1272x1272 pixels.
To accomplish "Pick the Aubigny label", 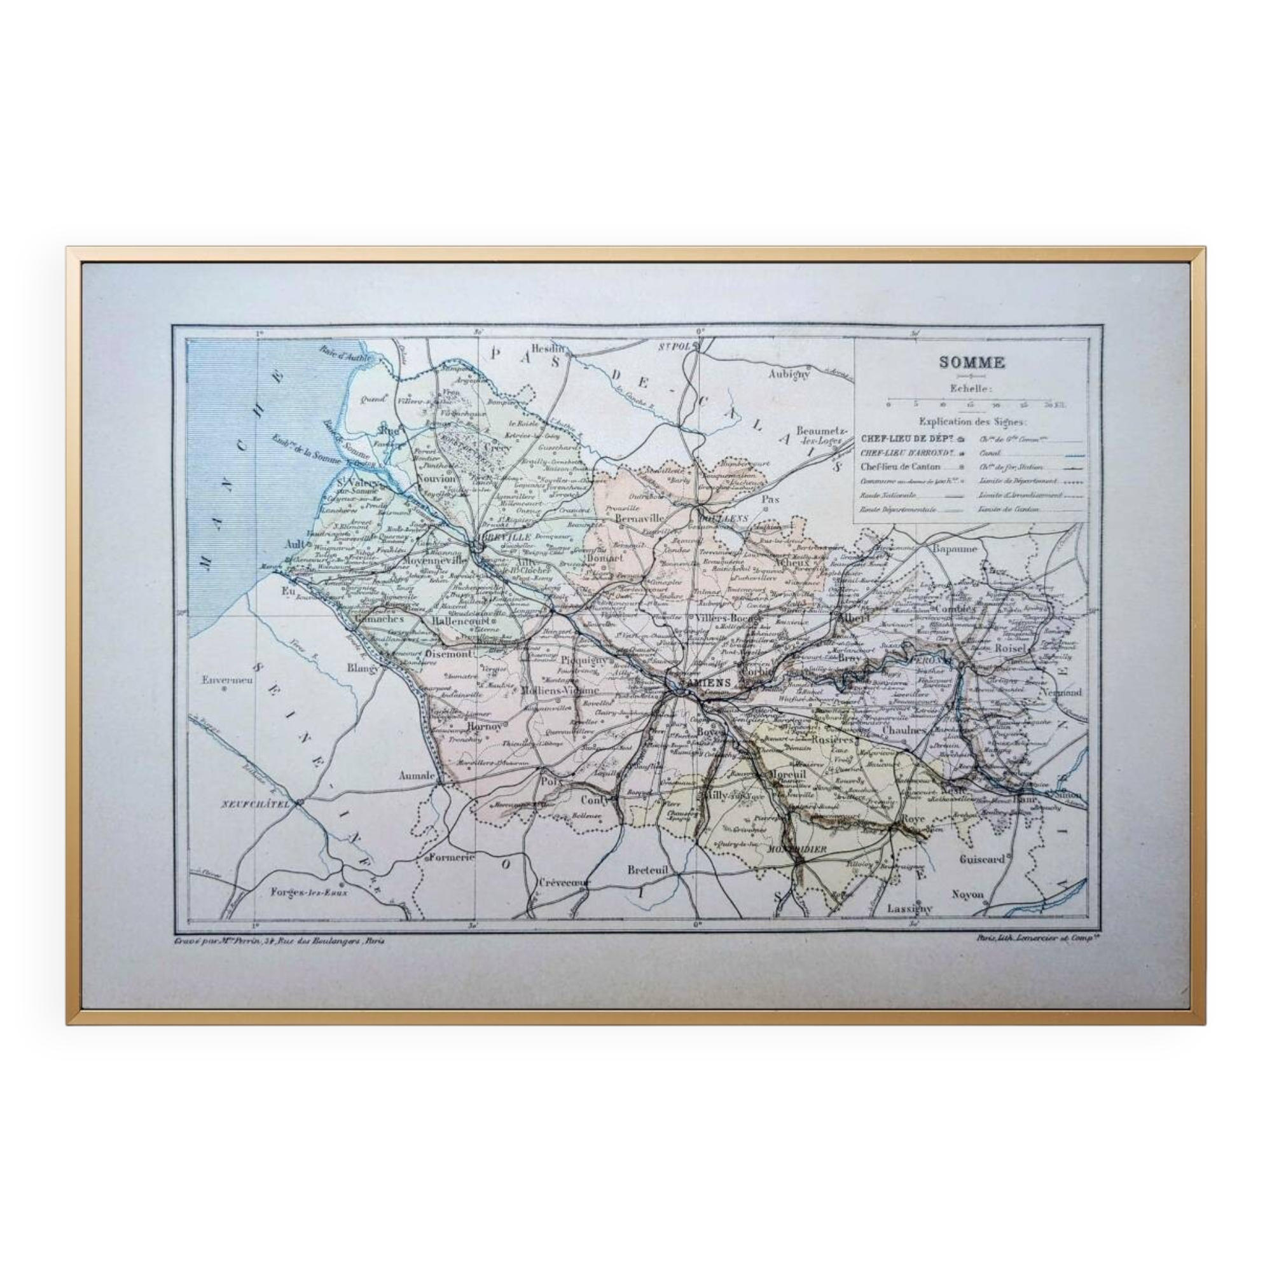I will pyautogui.click(x=787, y=374).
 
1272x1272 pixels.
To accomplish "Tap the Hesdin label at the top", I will pyautogui.click(x=548, y=348).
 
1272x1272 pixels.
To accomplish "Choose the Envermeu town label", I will pyautogui.click(x=227, y=680).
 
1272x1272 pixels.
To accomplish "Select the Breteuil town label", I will pyautogui.click(x=647, y=869).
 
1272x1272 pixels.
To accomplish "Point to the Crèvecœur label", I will pyautogui.click(x=564, y=882).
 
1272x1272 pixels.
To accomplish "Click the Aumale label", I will pyautogui.click(x=417, y=776).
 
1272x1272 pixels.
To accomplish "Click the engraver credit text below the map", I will pyautogui.click(x=279, y=941).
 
